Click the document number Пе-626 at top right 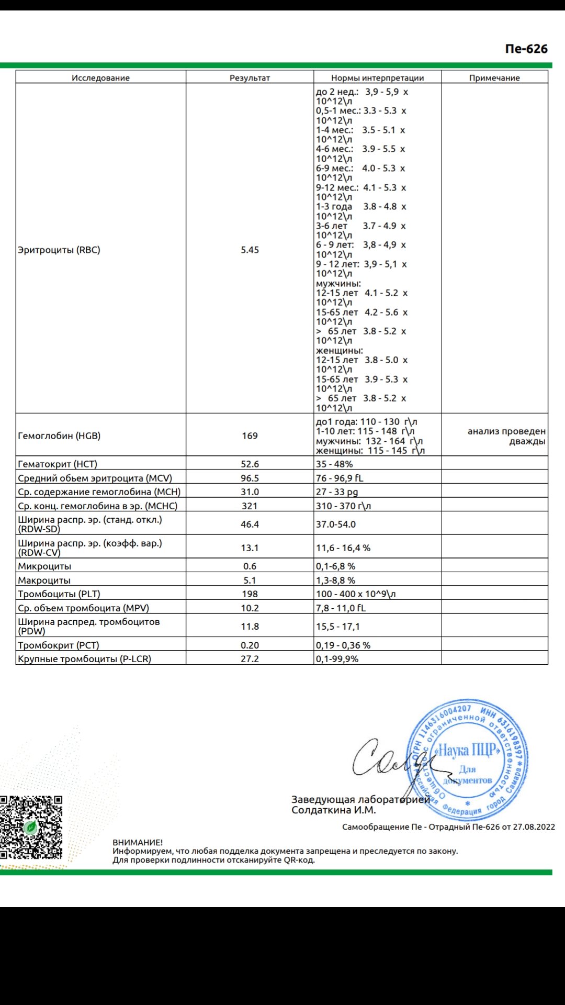tap(526, 49)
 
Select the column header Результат tap(250, 78)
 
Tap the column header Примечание tap(494, 78)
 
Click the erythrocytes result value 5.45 tap(250, 250)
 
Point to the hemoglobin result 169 tap(250, 435)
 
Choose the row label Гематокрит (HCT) tap(58, 464)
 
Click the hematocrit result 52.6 tap(250, 464)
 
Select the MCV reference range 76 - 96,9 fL tap(340, 478)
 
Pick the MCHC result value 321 tap(250, 506)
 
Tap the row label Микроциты tap(44, 566)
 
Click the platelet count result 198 tap(250, 594)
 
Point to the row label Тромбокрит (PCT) tap(59, 645)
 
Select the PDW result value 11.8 tap(250, 627)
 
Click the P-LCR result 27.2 tap(250, 659)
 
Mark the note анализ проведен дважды tap(506, 436)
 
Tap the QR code tap(31, 828)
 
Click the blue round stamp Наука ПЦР tap(468, 760)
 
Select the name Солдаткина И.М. tap(334, 810)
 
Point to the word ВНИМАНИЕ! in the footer tap(138, 842)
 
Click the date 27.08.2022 tap(534, 827)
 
